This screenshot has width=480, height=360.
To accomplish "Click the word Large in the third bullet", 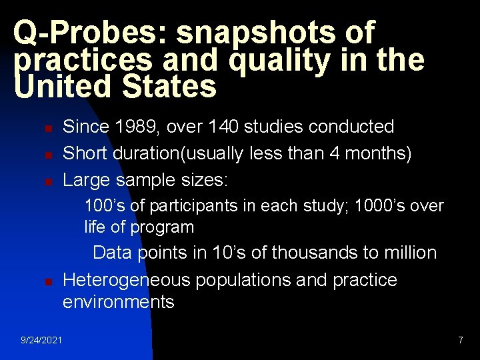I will [86, 181].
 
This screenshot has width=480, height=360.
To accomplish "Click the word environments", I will [119, 302].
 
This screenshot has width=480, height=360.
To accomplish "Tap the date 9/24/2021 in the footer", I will [42, 341].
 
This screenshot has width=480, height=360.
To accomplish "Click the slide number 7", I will [460, 341].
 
